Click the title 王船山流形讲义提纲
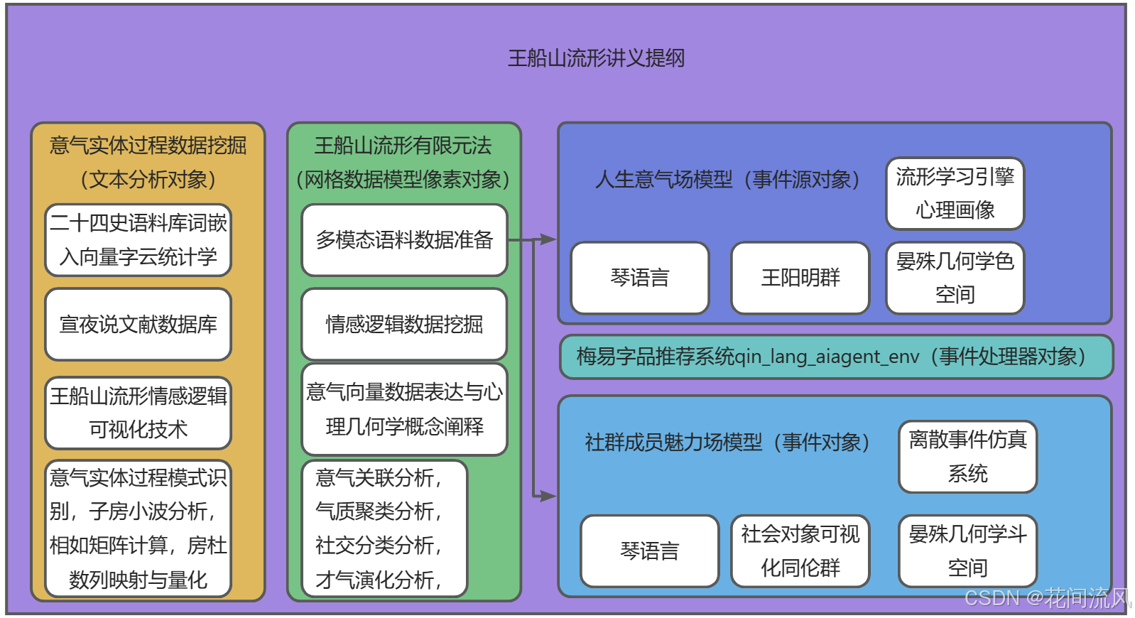596,58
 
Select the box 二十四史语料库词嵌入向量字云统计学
139,240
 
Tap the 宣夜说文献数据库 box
139,324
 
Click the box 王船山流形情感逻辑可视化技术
139,413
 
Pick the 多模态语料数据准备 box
404,240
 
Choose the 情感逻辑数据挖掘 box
404,324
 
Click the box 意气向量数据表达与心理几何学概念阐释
404,409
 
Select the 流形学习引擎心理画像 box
955,193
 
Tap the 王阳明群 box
800,278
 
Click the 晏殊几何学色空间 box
955,278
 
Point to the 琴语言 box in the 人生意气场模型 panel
640,278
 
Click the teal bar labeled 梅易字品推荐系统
835,357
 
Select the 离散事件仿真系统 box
967,457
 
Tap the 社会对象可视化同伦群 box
800,551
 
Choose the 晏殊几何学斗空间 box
967,551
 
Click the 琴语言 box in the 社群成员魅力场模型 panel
649,551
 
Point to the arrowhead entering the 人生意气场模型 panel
548,239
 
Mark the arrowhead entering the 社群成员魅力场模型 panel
548,496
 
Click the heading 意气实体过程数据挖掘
148,146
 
